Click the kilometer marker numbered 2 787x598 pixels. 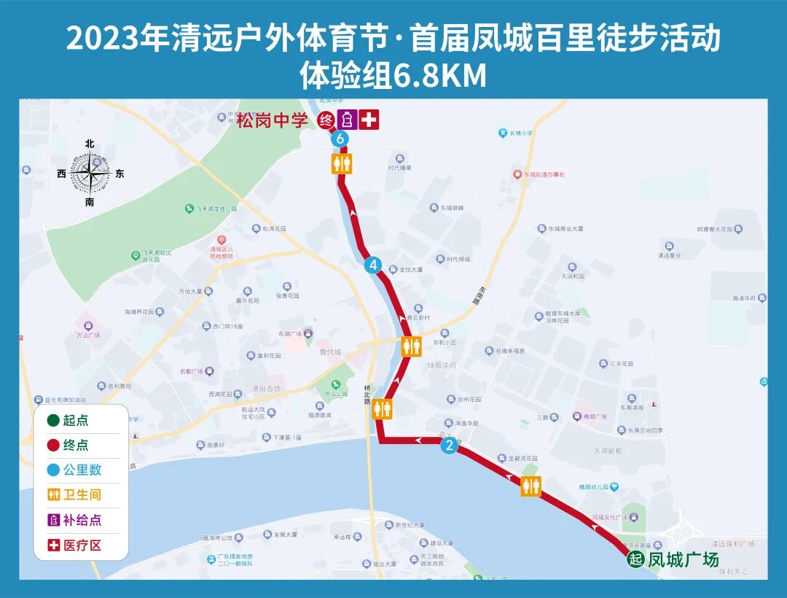450,446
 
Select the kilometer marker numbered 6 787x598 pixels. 339,139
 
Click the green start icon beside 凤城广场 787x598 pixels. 636,560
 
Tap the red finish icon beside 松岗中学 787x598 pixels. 327,120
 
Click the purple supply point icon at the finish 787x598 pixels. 348,120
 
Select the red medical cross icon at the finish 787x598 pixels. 369,120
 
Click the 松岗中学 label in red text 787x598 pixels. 273,120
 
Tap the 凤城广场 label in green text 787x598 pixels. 683,560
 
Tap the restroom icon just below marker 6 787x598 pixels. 342,163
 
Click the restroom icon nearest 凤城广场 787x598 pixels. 531,486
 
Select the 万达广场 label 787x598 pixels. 88,335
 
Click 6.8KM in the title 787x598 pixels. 439,76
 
